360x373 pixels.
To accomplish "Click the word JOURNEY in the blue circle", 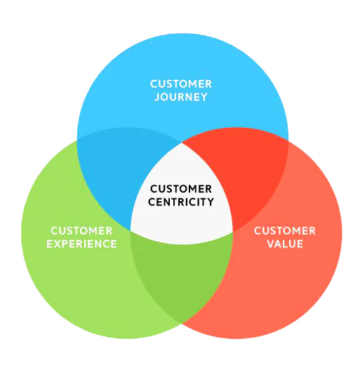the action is (181, 97).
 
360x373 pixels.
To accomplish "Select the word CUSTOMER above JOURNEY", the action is (181, 84).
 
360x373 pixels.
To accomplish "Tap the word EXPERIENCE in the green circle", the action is (81, 244).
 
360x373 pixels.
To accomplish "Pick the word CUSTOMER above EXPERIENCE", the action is (81, 231).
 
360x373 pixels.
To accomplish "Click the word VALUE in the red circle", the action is (285, 244).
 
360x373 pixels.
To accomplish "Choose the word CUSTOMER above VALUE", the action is (285, 231).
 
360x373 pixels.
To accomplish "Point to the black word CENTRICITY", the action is (181, 202).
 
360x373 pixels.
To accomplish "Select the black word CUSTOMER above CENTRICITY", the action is (181, 189).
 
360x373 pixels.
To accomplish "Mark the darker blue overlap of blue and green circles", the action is (119, 171).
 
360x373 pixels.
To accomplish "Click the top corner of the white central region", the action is (182, 143).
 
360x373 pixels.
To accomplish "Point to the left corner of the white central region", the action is (131, 230).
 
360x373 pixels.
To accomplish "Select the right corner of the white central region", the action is (232, 231).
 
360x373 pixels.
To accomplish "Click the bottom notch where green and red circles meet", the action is (182, 323).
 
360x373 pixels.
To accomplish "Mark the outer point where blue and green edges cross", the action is (77, 140).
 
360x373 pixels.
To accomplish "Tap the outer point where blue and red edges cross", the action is (288, 141).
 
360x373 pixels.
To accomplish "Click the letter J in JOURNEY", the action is (157, 97).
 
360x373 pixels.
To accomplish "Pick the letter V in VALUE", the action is (271, 244).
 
